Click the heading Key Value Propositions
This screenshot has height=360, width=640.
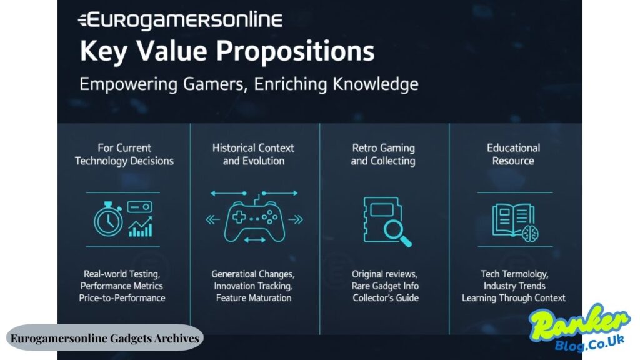pyautogui.click(x=227, y=51)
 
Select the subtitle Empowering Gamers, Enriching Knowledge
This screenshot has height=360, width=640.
pyautogui.click(x=249, y=84)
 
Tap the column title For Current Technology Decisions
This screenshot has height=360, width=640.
pyautogui.click(x=124, y=154)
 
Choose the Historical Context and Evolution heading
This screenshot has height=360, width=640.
pyautogui.click(x=253, y=154)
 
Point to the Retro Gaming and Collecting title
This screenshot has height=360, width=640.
pyautogui.click(x=383, y=154)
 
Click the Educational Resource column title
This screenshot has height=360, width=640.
pyautogui.click(x=513, y=154)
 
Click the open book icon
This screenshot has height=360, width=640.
pyautogui.click(x=509, y=219)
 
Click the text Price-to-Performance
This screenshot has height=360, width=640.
pyautogui.click(x=122, y=298)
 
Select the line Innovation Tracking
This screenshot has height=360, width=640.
pyautogui.click(x=253, y=286)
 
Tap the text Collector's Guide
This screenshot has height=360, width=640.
pyautogui.click(x=386, y=298)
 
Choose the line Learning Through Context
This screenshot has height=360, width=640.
pyautogui.click(x=514, y=298)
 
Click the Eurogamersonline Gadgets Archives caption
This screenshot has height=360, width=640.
pyautogui.click(x=105, y=338)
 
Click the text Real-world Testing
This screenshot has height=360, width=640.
pyautogui.click(x=122, y=274)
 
